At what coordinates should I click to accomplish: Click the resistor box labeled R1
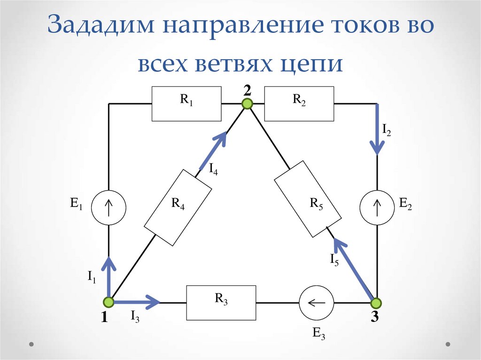point(186,104)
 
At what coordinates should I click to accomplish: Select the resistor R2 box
point(299,104)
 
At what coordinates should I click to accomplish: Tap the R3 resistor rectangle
point(222,302)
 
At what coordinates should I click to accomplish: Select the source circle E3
point(316,303)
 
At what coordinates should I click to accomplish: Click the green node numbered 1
point(109,302)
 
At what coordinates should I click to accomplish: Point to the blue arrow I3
point(136,302)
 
